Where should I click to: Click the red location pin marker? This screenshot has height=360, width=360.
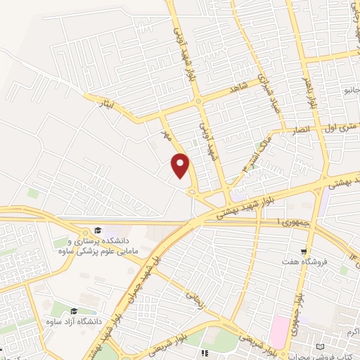click(x=181, y=165)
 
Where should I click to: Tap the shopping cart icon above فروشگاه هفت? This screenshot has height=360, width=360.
click(x=304, y=250)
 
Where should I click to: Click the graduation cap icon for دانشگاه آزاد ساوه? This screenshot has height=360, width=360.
click(x=75, y=309)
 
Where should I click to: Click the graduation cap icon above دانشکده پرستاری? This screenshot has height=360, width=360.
click(x=98, y=231)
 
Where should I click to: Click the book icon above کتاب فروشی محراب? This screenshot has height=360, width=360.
click(x=321, y=347)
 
